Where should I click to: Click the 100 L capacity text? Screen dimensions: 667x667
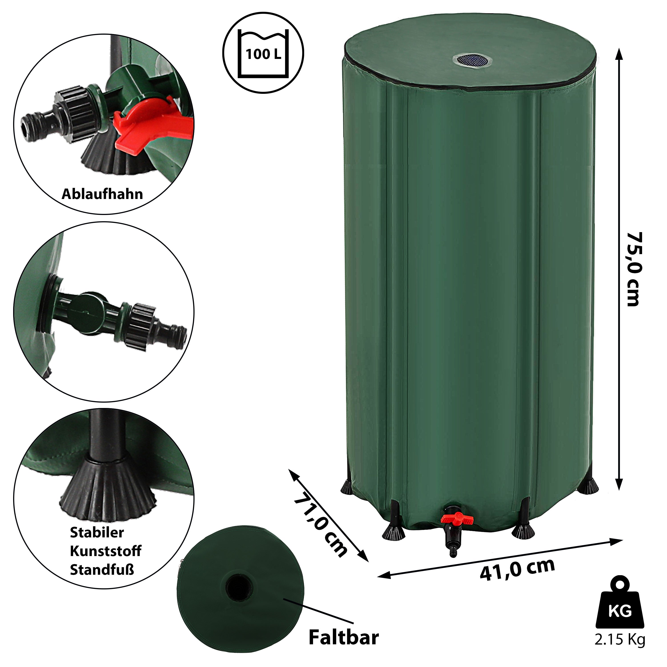tap(263, 54)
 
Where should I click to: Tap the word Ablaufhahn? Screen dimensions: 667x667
tap(102, 194)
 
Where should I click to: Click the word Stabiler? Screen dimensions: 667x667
tap(97, 532)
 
